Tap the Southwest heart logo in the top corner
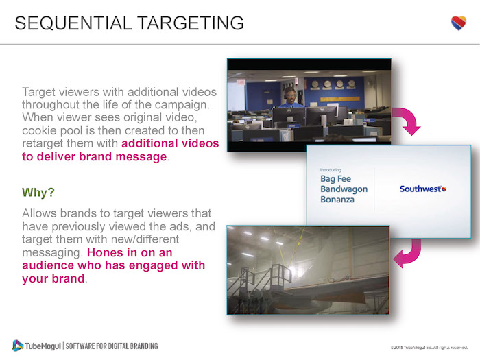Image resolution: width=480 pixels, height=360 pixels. pos(458,23)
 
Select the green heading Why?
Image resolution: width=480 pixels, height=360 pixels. pos(38,192)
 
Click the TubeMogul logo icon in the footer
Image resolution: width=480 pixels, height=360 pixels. pos(17,345)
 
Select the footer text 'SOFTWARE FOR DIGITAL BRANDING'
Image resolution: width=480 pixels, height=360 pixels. pos(112,346)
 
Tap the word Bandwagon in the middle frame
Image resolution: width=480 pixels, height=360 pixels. pos(344,189)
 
